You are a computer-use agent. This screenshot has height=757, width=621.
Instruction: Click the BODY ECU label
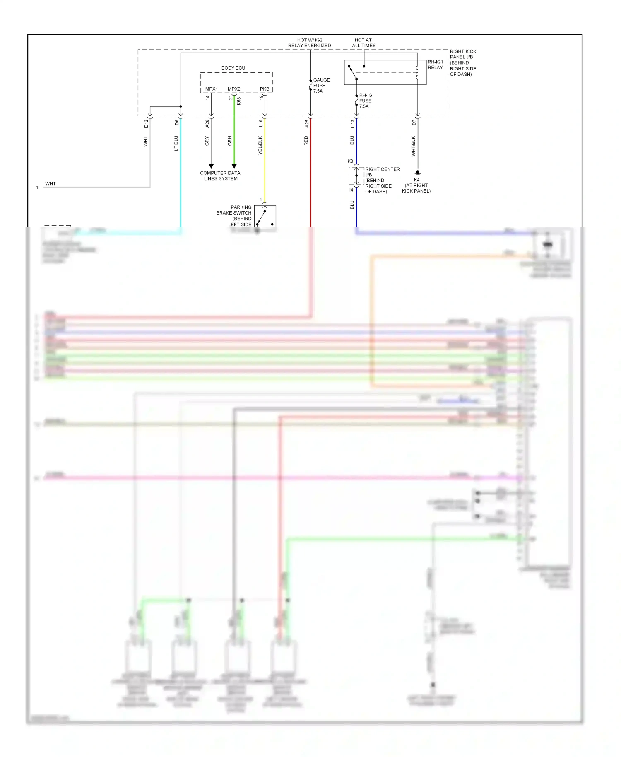point(233,68)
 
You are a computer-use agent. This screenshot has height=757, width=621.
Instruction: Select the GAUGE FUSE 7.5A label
point(321,85)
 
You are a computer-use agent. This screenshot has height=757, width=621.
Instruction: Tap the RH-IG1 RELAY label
point(435,65)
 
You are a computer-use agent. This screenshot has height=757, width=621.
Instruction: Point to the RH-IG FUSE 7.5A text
point(365,101)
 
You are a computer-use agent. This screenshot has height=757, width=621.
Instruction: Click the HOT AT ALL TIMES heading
point(363,43)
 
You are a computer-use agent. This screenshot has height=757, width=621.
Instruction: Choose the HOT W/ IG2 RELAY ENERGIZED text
point(309,43)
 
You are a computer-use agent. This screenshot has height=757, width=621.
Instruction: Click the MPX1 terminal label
point(211,89)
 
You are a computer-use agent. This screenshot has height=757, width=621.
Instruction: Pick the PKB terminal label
point(264,89)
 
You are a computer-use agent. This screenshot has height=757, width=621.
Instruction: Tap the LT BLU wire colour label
point(176,143)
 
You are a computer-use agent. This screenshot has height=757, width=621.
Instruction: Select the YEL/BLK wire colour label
point(260,145)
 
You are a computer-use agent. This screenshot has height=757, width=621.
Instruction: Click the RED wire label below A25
point(306,141)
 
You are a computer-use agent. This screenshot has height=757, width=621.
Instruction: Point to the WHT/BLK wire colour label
point(413,146)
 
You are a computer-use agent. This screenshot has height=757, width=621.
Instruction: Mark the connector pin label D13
point(353,123)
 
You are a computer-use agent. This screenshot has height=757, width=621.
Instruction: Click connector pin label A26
point(207,123)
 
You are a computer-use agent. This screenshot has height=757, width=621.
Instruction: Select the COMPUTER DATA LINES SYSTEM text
point(220,176)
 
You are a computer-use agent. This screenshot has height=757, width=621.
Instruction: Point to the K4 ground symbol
point(417,173)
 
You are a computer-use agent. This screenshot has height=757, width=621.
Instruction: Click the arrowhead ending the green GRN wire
point(234,166)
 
